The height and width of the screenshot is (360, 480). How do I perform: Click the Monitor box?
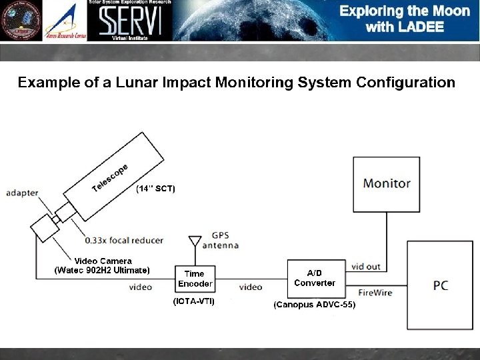(x=387, y=183)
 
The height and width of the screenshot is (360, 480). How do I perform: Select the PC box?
(x=440, y=285)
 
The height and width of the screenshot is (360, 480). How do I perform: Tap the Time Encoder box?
(x=195, y=279)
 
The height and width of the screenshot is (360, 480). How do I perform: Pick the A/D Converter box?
(x=314, y=278)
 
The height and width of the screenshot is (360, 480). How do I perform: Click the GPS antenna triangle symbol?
(x=195, y=241)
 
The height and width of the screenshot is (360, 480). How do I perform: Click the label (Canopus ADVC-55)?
(x=315, y=305)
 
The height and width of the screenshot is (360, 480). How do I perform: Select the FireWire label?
(x=375, y=292)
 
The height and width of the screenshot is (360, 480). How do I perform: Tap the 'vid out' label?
(x=365, y=267)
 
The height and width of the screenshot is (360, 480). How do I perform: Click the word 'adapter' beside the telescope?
(x=22, y=193)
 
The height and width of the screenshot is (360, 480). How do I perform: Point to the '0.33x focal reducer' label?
(x=124, y=240)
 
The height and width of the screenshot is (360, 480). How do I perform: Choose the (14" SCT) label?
(x=155, y=189)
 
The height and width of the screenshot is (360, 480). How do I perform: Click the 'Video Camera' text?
(x=103, y=261)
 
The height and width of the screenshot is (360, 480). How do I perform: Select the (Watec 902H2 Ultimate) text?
(x=102, y=270)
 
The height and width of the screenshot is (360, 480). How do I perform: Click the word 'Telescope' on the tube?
(x=109, y=175)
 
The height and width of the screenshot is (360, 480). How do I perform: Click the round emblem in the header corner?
(x=20, y=20)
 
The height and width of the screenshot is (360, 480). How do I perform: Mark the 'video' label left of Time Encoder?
(x=140, y=287)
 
